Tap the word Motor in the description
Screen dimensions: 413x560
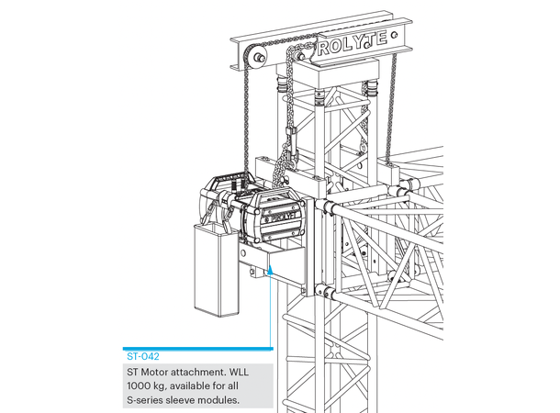click(x=163, y=373)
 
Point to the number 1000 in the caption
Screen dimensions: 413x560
click(x=140, y=386)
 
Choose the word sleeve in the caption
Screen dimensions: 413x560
click(x=188, y=400)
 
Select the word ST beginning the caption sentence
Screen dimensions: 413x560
click(x=134, y=373)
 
